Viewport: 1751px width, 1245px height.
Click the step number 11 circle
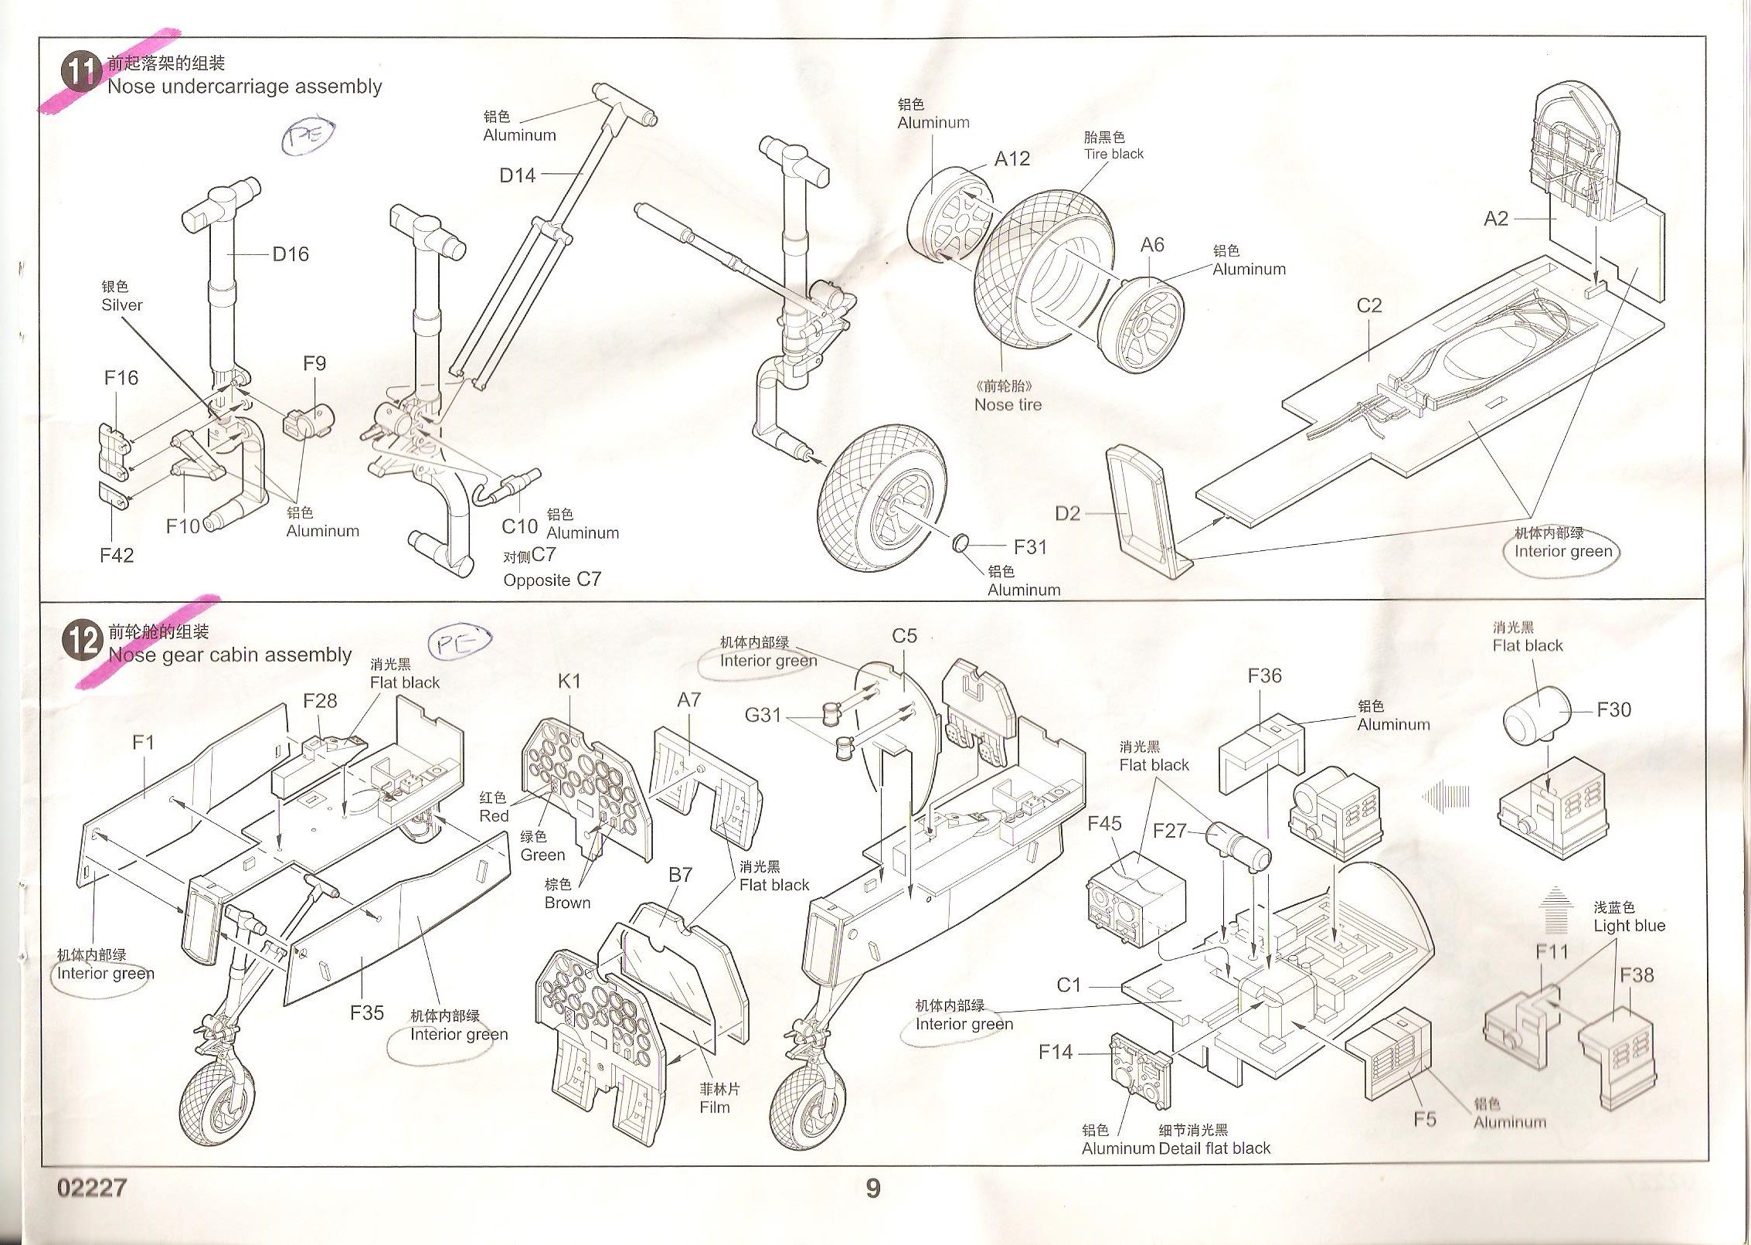[81, 73]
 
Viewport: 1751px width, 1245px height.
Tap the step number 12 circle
[82, 641]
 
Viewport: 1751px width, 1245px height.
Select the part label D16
[291, 254]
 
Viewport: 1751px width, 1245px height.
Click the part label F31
[1030, 547]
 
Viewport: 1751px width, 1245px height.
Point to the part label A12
[1011, 159]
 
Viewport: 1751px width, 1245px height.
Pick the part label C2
[1368, 306]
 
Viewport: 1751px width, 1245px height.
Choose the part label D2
[1067, 514]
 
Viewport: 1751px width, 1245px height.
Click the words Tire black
[1113, 154]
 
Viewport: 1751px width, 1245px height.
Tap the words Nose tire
[1008, 405]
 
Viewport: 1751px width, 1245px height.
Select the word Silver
[122, 305]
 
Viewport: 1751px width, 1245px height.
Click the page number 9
[872, 1189]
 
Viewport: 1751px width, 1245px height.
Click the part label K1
[569, 682]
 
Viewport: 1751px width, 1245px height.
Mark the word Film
[715, 1107]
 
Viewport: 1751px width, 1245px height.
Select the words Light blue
[1629, 926]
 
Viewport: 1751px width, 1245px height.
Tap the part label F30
[1613, 709]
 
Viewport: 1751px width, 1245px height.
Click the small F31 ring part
[960, 543]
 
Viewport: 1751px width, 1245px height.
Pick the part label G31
[763, 716]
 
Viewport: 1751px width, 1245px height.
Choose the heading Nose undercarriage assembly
[244, 87]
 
